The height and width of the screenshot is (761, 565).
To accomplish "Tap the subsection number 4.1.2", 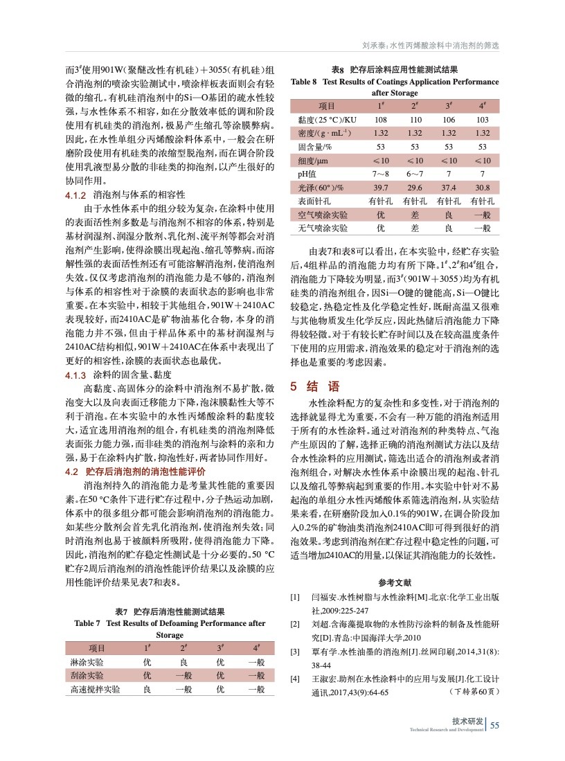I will pyautogui.click(x=74, y=195).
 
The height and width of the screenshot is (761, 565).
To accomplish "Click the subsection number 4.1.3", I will pyautogui.click(x=74, y=375).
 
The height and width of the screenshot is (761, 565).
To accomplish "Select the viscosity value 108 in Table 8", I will pyautogui.click(x=380, y=119).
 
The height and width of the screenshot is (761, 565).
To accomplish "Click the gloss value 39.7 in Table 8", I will pyautogui.click(x=380, y=188).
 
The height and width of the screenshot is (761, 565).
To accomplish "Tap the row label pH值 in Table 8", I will pyautogui.click(x=307, y=174).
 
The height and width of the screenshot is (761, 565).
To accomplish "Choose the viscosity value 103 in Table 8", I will pyautogui.click(x=483, y=119).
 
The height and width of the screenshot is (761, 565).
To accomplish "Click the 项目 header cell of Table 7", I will pyautogui.click(x=97, y=648).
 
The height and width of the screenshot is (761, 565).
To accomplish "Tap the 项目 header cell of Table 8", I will pyautogui.click(x=326, y=106).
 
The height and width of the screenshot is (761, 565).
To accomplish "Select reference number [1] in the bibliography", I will pyautogui.click(x=294, y=597).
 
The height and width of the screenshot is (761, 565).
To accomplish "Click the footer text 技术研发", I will pyautogui.click(x=467, y=722).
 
